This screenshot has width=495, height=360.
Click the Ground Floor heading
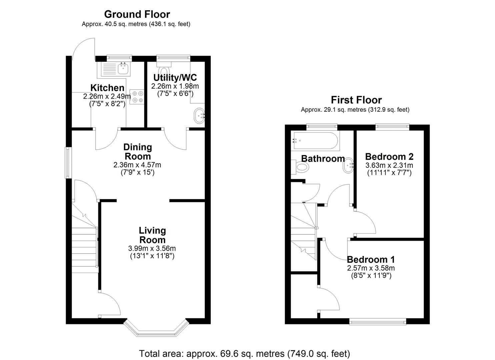coord(137,14)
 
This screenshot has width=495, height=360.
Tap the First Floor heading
coord(356,100)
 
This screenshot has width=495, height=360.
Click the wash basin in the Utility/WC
coord(199,116)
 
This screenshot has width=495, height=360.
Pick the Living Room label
coord(152,235)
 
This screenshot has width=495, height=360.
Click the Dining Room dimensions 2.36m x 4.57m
coord(137,165)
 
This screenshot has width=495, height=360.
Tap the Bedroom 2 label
coord(389,157)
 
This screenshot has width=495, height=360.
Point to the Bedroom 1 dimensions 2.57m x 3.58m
coord(371,268)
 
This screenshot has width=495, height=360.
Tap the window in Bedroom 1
coord(378,321)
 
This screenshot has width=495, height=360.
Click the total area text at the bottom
coord(244,353)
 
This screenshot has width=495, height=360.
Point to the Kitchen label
coord(107,88)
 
